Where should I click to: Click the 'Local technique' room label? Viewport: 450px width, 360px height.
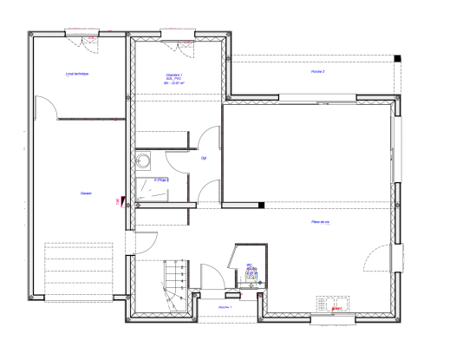click(78, 75)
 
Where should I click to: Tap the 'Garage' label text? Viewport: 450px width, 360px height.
click(86, 193)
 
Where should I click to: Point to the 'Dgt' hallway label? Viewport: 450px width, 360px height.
click(204, 159)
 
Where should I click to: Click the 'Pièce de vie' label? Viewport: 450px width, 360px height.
click(321, 222)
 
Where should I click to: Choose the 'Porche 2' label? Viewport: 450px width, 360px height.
click(317, 72)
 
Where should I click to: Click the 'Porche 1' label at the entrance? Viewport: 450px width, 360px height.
click(226, 305)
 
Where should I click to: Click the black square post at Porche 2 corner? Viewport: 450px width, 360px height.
click(397, 58)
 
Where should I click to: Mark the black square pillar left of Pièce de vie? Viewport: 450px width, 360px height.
click(262, 205)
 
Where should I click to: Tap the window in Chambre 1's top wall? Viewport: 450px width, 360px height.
click(182, 36)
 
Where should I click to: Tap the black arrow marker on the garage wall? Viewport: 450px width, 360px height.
click(121, 201)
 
